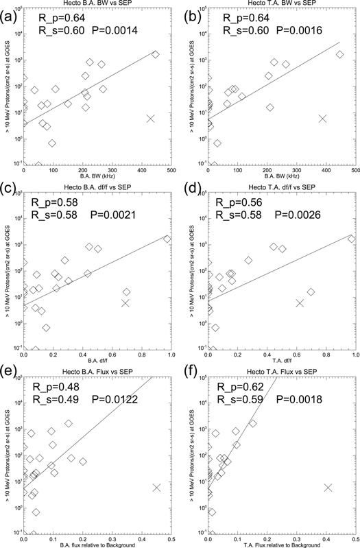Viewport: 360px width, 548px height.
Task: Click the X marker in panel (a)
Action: pos(151,119)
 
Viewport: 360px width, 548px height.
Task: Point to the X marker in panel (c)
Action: pos(125,302)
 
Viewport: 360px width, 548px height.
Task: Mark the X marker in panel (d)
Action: pos(299,302)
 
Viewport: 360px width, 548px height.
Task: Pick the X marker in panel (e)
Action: pos(156,487)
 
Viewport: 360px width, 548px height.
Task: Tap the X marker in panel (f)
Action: pos(328,487)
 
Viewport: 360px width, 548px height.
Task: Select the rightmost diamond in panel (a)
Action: pos(155,54)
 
